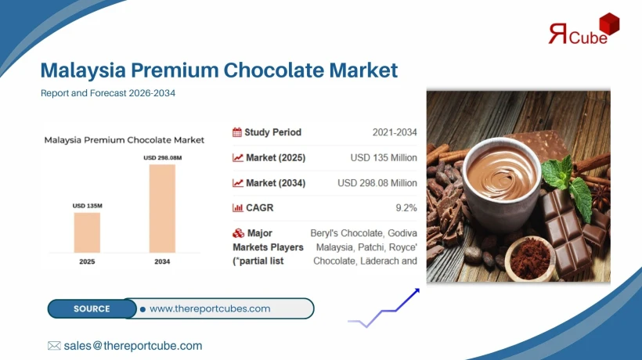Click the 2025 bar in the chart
pyautogui.click(x=87, y=232)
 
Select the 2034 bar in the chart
pyautogui.click(x=162, y=208)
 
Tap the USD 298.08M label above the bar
pyautogui.click(x=162, y=157)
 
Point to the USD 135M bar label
pyautogui.click(x=87, y=206)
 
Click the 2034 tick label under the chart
pyautogui.click(x=162, y=261)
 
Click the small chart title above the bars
pyautogui.click(x=124, y=140)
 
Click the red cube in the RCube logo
pyautogui.click(x=609, y=26)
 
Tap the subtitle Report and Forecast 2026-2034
pyautogui.click(x=107, y=93)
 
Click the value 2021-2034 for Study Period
pyautogui.click(x=395, y=132)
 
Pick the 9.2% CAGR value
pyautogui.click(x=406, y=207)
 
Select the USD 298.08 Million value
pyautogui.click(x=377, y=182)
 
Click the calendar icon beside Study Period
pyautogui.click(x=237, y=132)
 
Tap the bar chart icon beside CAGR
pyautogui.click(x=237, y=207)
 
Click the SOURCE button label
pyautogui.click(x=92, y=308)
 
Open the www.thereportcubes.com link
pyautogui.click(x=210, y=308)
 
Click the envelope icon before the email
pyautogui.click(x=54, y=345)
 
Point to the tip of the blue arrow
pyautogui.click(x=418, y=290)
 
